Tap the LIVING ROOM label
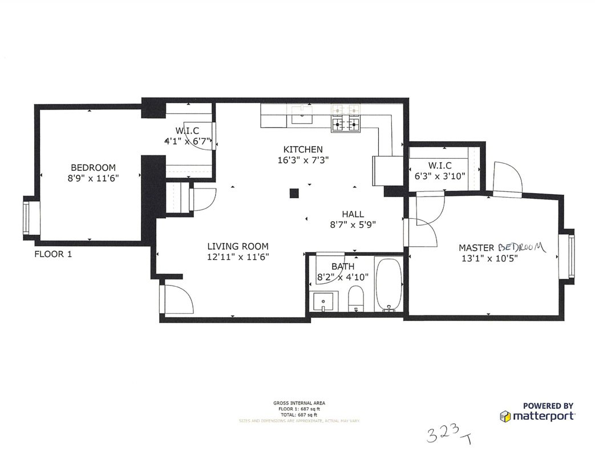click(237, 246)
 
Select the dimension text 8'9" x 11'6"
click(93, 178)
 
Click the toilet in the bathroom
click(356, 299)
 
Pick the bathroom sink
click(323, 300)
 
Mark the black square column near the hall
click(294, 193)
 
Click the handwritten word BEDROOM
click(521, 247)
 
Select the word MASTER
click(477, 248)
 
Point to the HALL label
click(353, 214)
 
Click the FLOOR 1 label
click(54, 254)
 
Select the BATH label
click(343, 266)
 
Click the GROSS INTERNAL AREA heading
click(299, 403)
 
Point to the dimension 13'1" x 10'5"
click(489, 258)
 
